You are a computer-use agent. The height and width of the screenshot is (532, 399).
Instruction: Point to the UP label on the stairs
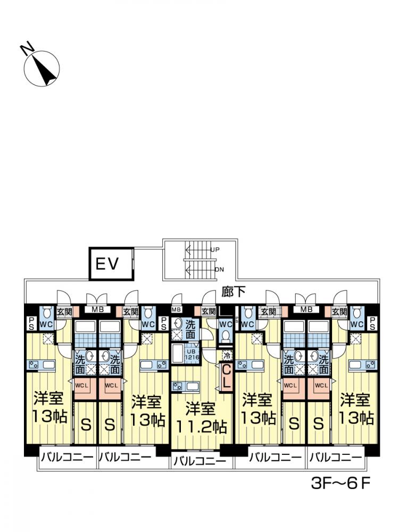pos(215,250)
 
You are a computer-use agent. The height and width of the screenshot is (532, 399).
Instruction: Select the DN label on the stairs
pos(219,269)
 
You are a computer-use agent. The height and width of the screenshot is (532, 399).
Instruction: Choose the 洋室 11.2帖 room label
pos(200,418)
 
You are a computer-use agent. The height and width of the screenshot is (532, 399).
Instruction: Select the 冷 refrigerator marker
pos(227,355)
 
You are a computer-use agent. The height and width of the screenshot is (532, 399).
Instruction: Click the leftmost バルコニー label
pos(66,456)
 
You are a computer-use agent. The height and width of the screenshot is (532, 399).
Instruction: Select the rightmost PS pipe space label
pos(372,323)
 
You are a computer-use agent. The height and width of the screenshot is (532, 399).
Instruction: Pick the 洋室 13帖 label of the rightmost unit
pos(355,407)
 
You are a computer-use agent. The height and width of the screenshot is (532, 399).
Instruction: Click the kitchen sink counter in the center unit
pos(187,386)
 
